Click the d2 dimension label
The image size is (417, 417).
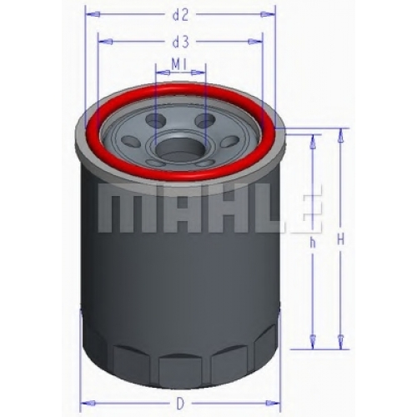(x=181, y=15)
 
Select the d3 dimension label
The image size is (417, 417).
(x=181, y=43)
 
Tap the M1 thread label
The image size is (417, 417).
(x=178, y=65)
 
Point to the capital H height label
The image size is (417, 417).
(x=341, y=239)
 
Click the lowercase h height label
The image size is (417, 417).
(x=313, y=243)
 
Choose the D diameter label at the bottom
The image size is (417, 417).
(x=181, y=404)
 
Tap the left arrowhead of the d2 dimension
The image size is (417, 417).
(x=93, y=14)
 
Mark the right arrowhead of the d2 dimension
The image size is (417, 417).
(x=268, y=14)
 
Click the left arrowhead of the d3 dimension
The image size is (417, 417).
(x=106, y=42)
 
